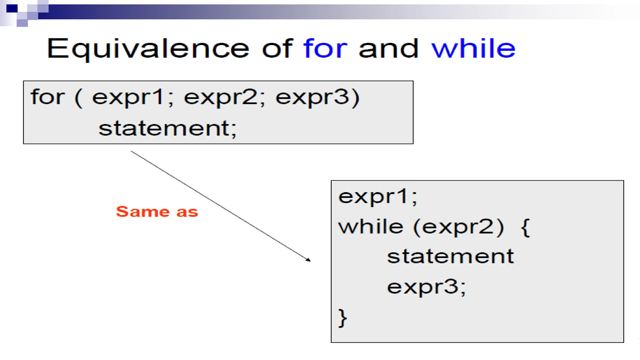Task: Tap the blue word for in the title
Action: pyautogui.click(x=325, y=49)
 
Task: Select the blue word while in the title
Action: pyautogui.click(x=473, y=49)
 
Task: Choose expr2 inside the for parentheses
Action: pyautogui.click(x=220, y=98)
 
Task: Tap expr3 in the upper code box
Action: pyautogui.click(x=312, y=98)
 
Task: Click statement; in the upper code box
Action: pyautogui.click(x=167, y=128)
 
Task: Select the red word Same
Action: pyautogui.click(x=142, y=212)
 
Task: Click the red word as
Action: pyautogui.click(x=187, y=212)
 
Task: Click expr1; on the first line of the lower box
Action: pyautogui.click(x=377, y=197)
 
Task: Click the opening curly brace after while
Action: pyautogui.click(x=525, y=228)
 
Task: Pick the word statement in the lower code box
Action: pyautogui.click(x=450, y=257)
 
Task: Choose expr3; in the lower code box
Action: pyautogui.click(x=426, y=287)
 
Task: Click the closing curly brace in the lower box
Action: pyautogui.click(x=342, y=318)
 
